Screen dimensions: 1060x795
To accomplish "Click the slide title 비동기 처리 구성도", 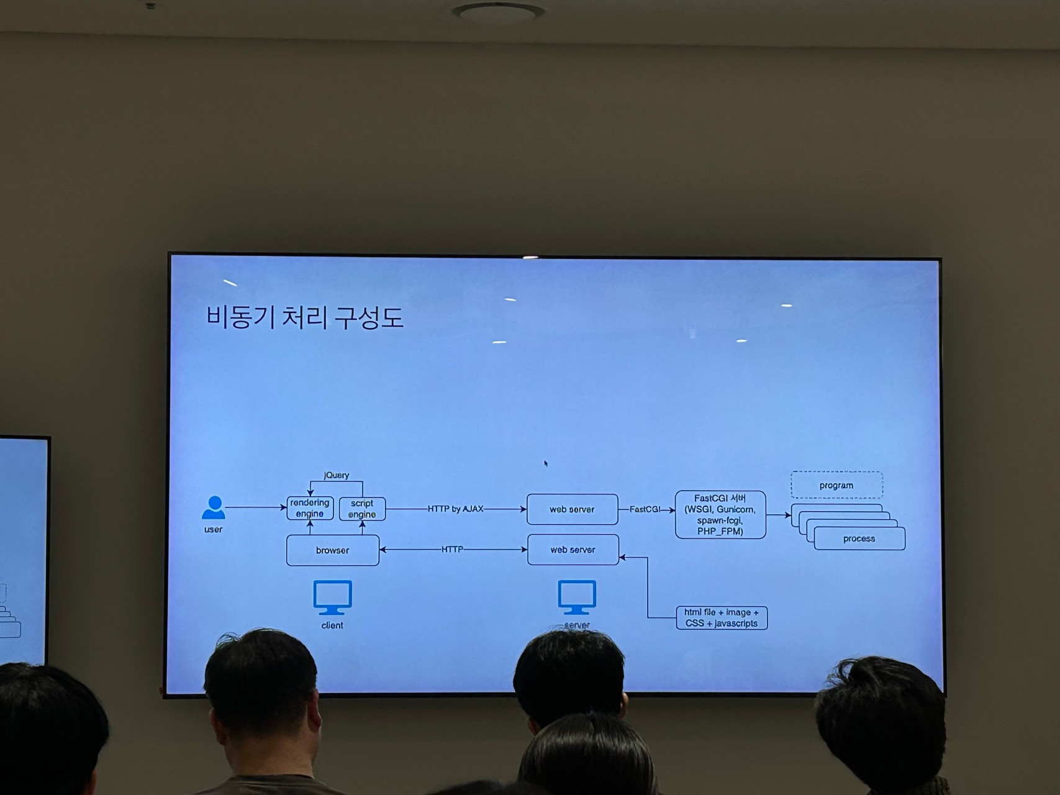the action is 304,317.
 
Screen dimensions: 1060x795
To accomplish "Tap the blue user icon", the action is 214,507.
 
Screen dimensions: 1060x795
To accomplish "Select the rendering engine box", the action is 310,508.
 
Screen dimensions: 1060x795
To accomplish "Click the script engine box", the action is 362,509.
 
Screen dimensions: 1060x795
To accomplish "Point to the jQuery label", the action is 337,475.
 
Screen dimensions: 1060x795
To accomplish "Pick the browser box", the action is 332,550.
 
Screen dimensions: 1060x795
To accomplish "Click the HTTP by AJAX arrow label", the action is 455,509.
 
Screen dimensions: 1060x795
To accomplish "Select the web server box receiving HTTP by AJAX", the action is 572,509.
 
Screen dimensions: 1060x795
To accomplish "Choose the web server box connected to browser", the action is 573,550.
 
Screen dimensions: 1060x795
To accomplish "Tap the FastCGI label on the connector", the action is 645,509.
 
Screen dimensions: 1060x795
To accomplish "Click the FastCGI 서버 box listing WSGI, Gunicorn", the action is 720,515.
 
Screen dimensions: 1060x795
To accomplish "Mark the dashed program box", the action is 836,485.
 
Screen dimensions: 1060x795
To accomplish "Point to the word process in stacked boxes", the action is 859,538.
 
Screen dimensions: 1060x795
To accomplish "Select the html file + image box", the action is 722,618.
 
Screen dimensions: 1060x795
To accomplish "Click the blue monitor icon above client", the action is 332,597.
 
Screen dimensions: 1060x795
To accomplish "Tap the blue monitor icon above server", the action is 577,596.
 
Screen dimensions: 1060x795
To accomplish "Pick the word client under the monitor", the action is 332,625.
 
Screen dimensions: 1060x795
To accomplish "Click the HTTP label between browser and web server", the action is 452,550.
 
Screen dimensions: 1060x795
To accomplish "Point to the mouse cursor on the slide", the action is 546,463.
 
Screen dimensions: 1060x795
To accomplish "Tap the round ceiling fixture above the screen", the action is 498,11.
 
